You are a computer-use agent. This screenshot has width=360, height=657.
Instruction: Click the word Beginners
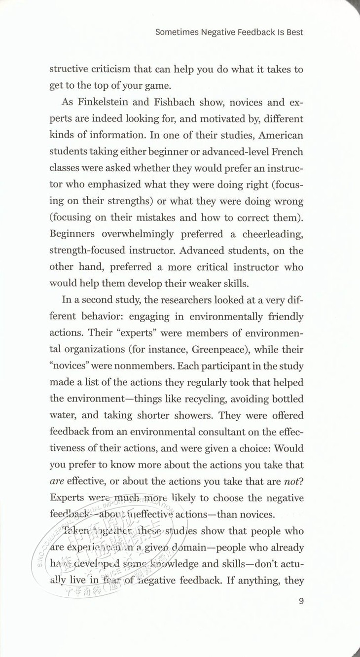click(x=73, y=234)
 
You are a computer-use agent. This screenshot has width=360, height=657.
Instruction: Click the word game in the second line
click(x=156, y=85)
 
